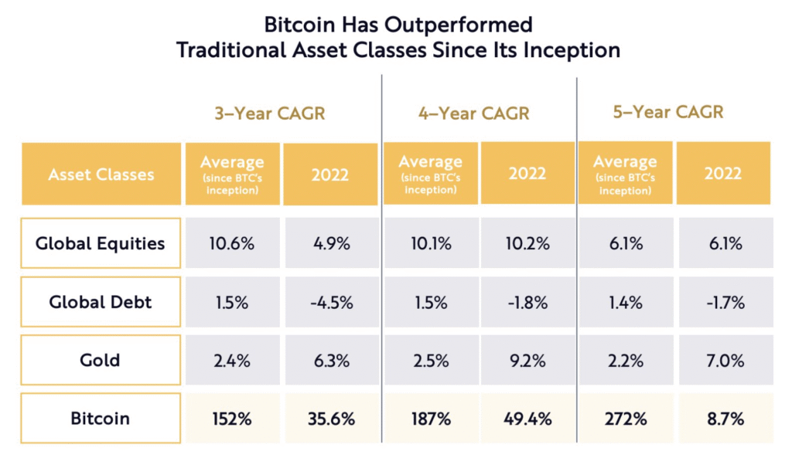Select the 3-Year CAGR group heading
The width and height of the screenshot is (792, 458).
pos(269,113)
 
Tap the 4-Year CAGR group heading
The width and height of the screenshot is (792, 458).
pos(473,113)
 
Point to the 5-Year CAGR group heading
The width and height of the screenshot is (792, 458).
pos(667,112)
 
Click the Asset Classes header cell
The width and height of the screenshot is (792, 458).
pos(101,175)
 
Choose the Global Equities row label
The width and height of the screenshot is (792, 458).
pos(101,243)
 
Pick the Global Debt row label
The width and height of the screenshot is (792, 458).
pos(101,302)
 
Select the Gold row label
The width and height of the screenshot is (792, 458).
pos(101,360)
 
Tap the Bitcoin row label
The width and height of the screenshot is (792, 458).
pos(101,419)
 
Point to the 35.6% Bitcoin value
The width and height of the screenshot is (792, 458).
pos(331,419)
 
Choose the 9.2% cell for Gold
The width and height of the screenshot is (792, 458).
pos(529,361)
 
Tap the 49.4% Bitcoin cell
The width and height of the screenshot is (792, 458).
pos(529,419)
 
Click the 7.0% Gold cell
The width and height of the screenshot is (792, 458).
pos(725,361)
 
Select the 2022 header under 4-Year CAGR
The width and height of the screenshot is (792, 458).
pos(527,174)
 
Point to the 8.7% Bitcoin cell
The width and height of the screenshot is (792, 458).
pos(725,419)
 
